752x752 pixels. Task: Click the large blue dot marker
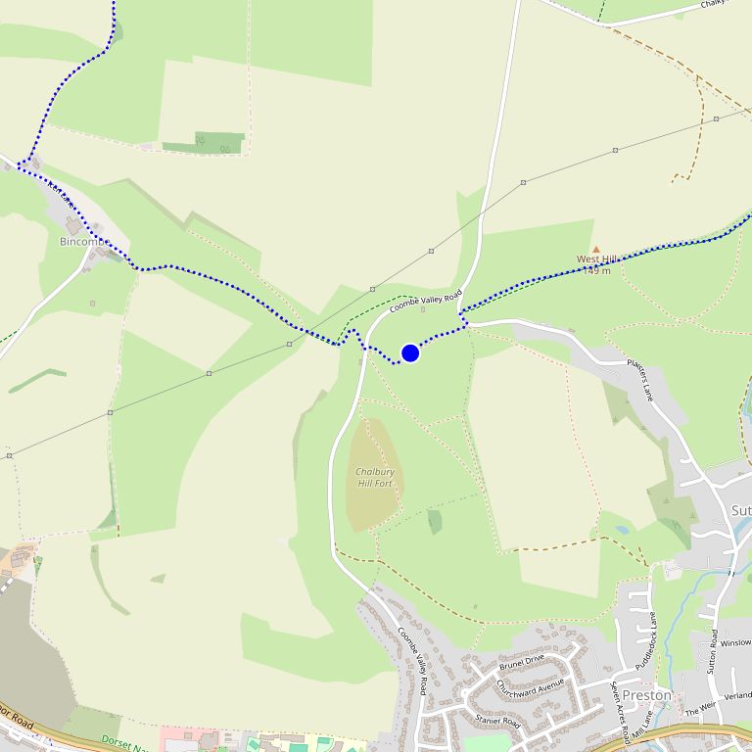[410, 352]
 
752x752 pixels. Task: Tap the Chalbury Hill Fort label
[375, 478]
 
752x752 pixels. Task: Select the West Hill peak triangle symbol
[595, 250]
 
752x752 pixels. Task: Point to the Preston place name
[647, 695]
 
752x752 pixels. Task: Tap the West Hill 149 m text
[596, 264]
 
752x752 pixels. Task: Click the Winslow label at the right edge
[735, 643]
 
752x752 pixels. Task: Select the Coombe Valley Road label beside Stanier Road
[413, 661]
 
